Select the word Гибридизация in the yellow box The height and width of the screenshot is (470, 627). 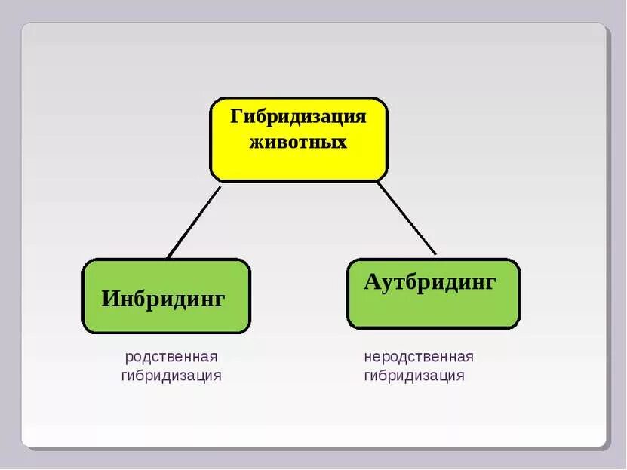298,118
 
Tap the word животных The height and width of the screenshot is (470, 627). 298,142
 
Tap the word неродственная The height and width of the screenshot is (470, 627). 419,357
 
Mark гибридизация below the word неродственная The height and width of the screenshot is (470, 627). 414,376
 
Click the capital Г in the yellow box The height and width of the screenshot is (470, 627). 236,117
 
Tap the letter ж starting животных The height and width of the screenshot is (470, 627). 257,142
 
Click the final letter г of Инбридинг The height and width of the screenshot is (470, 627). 220,300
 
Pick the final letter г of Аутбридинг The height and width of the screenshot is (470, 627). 491,284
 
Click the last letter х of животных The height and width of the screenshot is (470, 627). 342,143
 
